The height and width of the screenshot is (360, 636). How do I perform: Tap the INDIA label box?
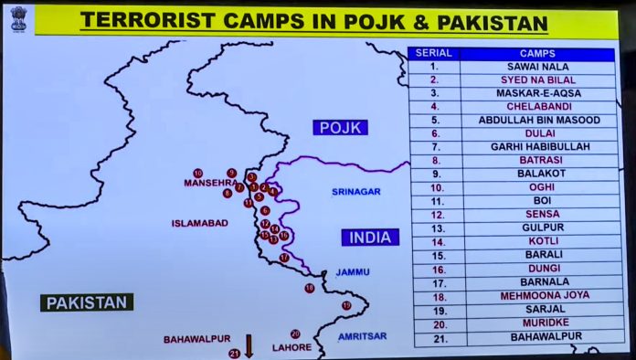pyautogui.click(x=370, y=238)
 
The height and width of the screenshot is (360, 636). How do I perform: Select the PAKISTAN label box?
pyautogui.click(x=87, y=302)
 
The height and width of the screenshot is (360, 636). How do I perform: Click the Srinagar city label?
pyautogui.click(x=355, y=192)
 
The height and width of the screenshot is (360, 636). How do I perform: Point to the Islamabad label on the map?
pyautogui.click(x=199, y=223)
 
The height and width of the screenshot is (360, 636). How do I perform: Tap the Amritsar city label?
pyautogui.click(x=362, y=336)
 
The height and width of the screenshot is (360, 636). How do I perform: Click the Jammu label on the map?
pyautogui.click(x=352, y=271)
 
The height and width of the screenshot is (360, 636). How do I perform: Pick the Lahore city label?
pyautogui.click(x=291, y=347)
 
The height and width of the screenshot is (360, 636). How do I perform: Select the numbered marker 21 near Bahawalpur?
pyautogui.click(x=234, y=354)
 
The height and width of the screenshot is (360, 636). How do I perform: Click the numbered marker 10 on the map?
pyautogui.click(x=197, y=173)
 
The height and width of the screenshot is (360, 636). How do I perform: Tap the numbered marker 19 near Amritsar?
pyautogui.click(x=346, y=305)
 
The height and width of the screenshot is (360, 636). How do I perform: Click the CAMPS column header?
pyautogui.click(x=536, y=54)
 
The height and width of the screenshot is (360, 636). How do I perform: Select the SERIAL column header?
pyautogui.click(x=434, y=54)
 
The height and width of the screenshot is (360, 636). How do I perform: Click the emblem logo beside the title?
pyautogui.click(x=18, y=19)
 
